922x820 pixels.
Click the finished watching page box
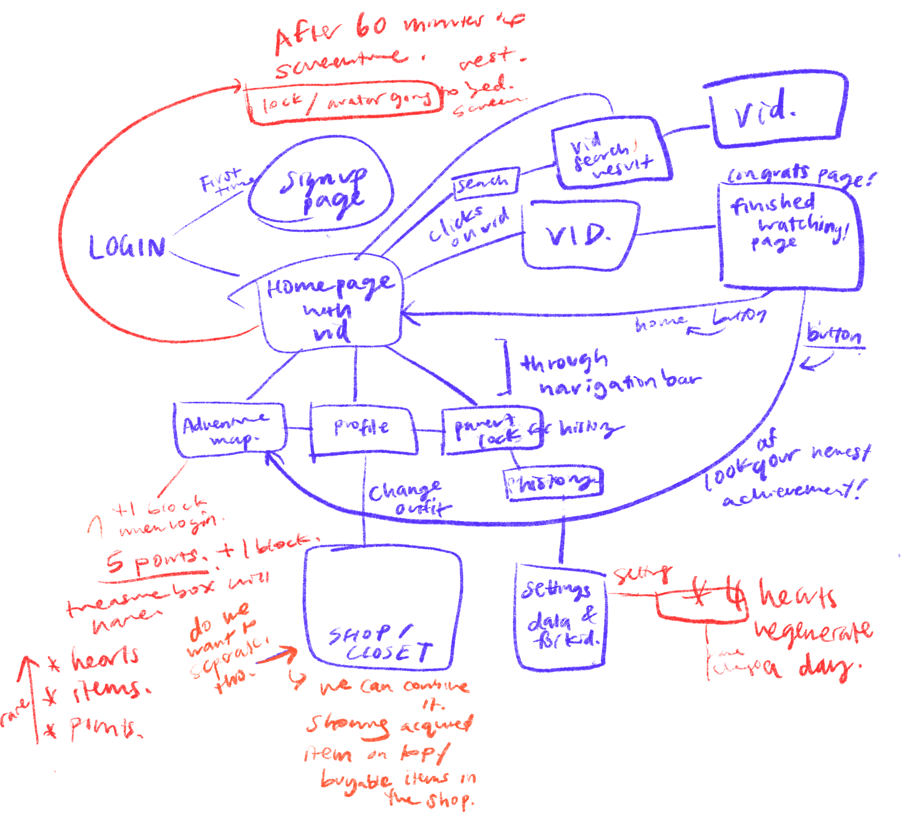(789, 237)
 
